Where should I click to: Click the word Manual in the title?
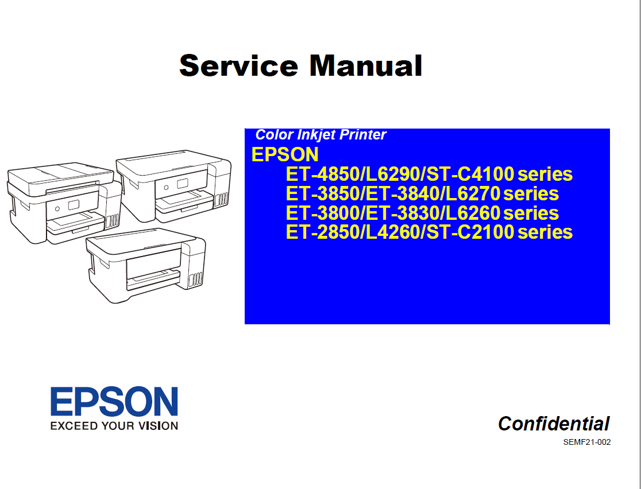click(x=366, y=65)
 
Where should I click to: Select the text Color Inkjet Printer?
click(x=320, y=135)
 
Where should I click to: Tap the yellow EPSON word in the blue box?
click(x=285, y=154)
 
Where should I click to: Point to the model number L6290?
click(x=390, y=174)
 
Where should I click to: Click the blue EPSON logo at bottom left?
click(x=114, y=402)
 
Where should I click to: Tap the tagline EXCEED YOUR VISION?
click(x=114, y=426)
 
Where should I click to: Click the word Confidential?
click(x=554, y=424)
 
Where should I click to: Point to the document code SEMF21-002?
click(x=586, y=443)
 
